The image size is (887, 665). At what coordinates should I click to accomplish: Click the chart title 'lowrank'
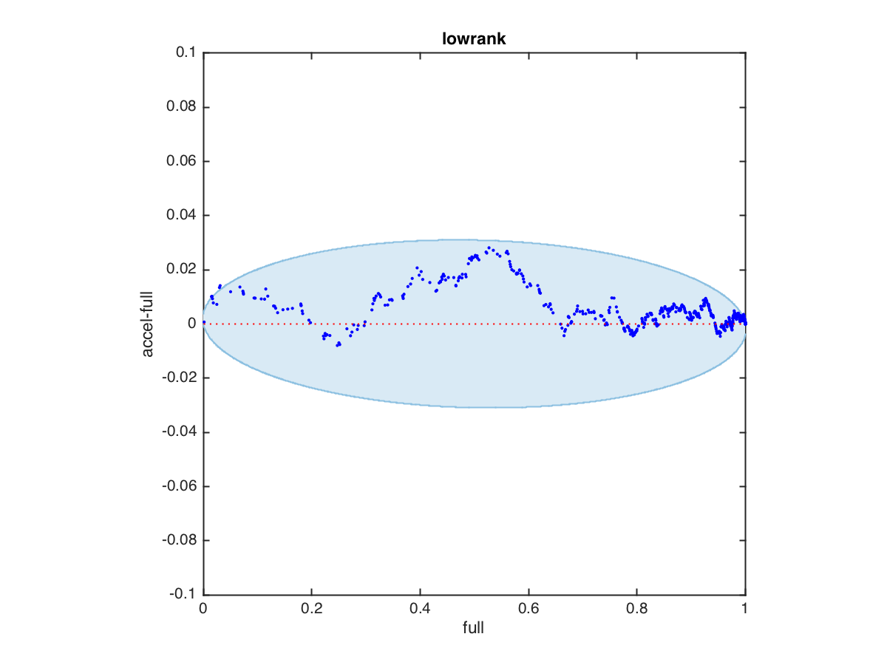[474, 39]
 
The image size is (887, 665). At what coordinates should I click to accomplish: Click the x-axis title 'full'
[474, 628]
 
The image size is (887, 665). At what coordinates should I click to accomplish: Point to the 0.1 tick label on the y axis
[185, 53]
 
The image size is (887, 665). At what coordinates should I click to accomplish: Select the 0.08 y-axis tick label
[180, 107]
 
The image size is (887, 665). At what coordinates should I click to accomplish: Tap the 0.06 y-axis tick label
[180, 161]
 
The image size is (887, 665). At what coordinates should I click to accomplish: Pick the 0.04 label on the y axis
[180, 216]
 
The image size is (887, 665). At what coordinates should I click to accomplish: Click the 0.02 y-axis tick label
[180, 270]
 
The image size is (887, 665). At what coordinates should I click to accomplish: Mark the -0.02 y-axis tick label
[177, 378]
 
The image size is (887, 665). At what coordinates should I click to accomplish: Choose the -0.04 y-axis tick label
[177, 432]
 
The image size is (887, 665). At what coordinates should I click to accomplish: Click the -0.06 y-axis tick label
[177, 486]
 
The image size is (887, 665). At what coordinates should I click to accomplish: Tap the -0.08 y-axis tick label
[177, 540]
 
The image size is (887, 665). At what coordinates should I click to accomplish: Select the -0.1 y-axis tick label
[182, 595]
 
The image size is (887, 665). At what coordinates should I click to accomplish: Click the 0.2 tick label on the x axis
[311, 610]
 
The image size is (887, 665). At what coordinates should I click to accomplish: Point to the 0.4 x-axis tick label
[420, 610]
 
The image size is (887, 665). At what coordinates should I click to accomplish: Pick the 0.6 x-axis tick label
[529, 610]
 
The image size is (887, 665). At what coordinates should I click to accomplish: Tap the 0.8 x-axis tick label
[636, 610]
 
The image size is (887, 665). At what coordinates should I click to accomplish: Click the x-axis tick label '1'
[745, 610]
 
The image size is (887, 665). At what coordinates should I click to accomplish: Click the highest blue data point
[489, 248]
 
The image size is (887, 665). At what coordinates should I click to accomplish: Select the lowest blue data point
[339, 345]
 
